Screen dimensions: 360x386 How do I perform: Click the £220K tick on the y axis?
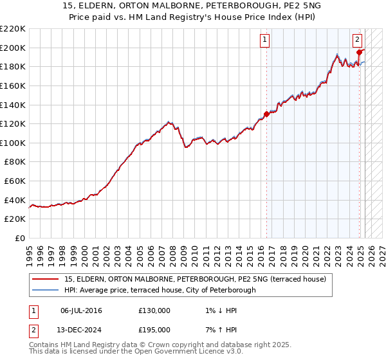(13, 29)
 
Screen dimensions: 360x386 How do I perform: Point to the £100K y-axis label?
(13, 143)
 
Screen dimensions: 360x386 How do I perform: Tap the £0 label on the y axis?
(21, 238)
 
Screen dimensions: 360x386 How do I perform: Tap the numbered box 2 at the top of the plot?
(357, 39)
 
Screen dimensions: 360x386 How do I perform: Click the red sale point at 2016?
(266, 114)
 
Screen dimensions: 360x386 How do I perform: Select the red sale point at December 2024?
(359, 53)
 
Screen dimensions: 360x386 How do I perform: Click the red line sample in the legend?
(45, 279)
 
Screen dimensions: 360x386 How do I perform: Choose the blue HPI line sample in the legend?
(45, 290)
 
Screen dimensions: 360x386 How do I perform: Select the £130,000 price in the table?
(154, 310)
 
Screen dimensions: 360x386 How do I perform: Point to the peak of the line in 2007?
(169, 121)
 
